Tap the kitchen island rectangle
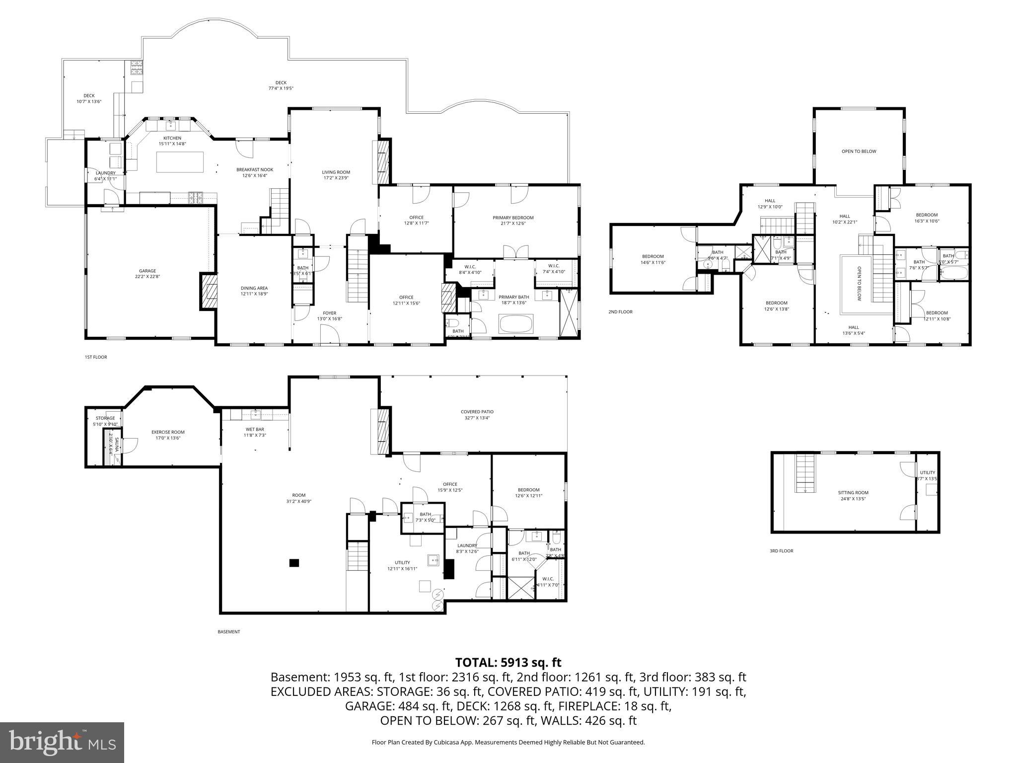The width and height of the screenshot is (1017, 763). (x=180, y=162)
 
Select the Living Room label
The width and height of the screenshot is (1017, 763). (x=336, y=172)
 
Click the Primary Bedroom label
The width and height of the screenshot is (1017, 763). (x=513, y=218)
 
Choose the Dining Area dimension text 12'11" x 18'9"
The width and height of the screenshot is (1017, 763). (x=254, y=294)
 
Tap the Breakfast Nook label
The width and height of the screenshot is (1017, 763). (x=255, y=169)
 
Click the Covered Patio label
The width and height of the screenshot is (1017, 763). (x=477, y=412)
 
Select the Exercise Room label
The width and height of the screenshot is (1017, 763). (x=168, y=432)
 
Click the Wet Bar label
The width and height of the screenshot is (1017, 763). (x=255, y=429)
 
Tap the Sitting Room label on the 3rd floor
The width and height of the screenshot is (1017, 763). (x=853, y=493)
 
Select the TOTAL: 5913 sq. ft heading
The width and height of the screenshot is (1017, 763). (x=508, y=663)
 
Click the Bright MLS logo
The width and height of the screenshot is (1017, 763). (x=62, y=743)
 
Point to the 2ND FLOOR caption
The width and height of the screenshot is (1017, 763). (x=620, y=312)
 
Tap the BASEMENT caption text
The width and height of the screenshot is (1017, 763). (x=228, y=632)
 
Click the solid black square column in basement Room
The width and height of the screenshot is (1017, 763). (x=294, y=563)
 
